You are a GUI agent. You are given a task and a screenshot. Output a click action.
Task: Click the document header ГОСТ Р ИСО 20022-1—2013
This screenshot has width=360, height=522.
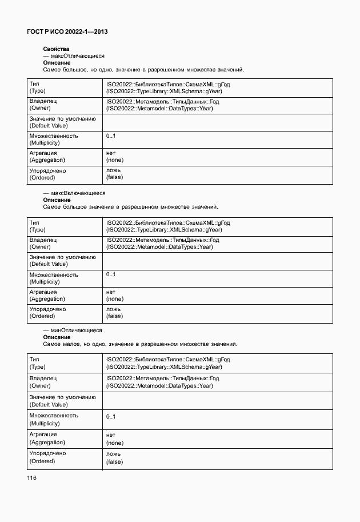point(67,31)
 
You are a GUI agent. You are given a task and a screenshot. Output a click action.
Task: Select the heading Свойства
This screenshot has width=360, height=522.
point(56,50)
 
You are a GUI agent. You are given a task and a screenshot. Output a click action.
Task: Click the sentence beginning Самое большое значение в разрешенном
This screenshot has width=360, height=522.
point(130,206)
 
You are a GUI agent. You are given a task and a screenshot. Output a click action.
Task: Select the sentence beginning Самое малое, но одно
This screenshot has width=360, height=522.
point(140,344)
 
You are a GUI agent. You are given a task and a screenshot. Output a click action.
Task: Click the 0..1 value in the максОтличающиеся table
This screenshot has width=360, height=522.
point(111,136)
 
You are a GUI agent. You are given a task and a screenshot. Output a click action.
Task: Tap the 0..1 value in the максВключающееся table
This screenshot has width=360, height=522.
point(111,274)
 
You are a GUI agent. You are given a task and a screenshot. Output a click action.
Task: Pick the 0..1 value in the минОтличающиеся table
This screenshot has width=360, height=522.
point(111,417)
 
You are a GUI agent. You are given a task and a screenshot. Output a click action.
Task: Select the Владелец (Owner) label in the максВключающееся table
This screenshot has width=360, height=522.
point(43,243)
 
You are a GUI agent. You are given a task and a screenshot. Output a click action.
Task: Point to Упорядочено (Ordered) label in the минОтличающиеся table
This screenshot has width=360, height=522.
point(47,457)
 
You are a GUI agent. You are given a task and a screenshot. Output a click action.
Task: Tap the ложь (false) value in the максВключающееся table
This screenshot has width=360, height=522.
point(114,312)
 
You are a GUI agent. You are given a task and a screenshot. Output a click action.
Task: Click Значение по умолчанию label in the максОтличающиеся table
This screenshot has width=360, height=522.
point(62,122)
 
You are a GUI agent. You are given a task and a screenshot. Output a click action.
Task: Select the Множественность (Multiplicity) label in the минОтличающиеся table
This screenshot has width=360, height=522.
point(54,419)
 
